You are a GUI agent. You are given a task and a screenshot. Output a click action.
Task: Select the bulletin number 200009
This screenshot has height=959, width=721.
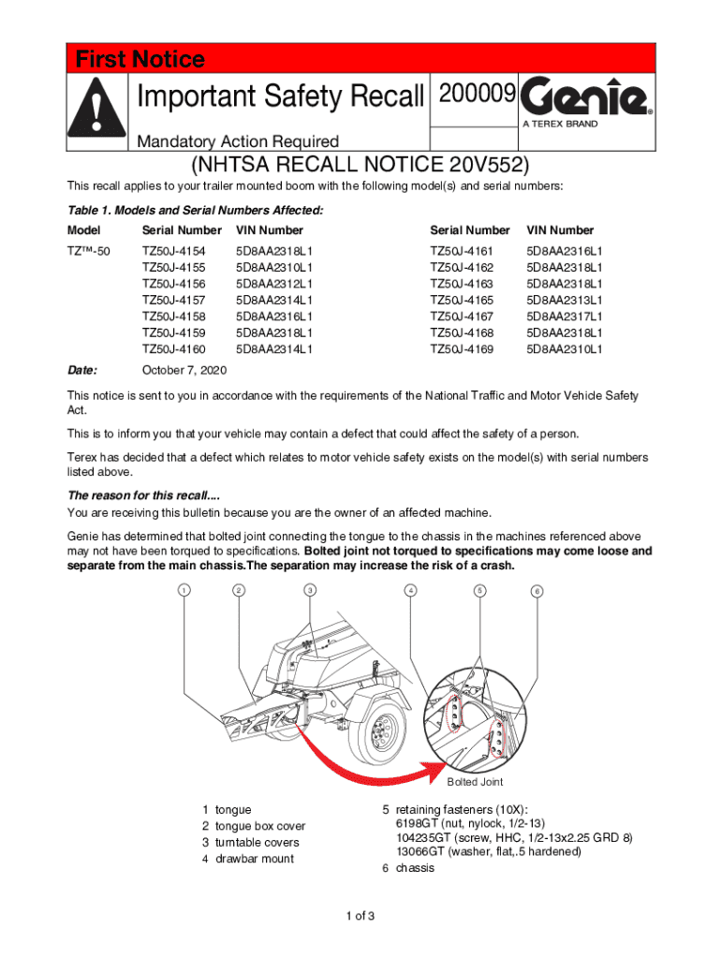(x=472, y=95)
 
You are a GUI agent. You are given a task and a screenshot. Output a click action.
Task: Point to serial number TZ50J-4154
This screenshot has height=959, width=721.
(x=174, y=251)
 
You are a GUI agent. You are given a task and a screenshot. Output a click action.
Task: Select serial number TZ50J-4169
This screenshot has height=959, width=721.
(x=463, y=349)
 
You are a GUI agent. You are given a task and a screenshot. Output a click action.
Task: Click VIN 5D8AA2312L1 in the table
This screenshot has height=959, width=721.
(x=274, y=284)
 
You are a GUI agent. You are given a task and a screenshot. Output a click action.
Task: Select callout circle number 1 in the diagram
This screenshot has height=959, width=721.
(x=185, y=590)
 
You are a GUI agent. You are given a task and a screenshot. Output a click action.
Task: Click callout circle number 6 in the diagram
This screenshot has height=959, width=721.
(x=537, y=591)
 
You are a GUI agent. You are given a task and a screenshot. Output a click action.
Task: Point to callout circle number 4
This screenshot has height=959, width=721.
(x=409, y=590)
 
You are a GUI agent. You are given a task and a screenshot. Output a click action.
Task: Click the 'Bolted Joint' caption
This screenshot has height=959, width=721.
(x=475, y=782)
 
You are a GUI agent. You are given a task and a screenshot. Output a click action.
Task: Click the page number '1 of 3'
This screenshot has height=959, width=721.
(x=360, y=915)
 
